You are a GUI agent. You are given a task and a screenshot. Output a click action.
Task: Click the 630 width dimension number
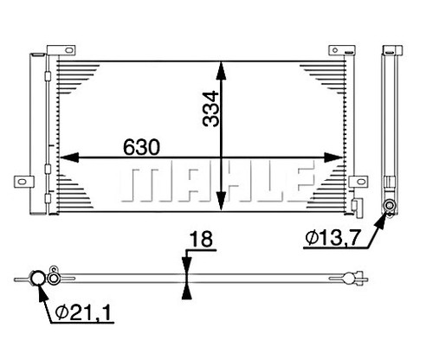[141, 147]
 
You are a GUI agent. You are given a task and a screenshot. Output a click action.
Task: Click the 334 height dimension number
[211, 109]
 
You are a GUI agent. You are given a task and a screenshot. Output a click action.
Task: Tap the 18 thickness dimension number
[201, 239]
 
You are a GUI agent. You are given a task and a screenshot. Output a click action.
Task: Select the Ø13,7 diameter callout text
[333, 238]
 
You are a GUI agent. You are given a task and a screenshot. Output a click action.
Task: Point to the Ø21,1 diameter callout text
[83, 313]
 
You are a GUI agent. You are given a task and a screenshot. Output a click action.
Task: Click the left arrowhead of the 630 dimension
[69, 157]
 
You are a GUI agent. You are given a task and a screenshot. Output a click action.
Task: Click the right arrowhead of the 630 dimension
[333, 157]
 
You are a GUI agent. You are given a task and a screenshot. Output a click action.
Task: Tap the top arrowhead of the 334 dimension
[221, 71]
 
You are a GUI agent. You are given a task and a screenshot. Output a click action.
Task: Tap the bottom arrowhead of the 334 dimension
[221, 202]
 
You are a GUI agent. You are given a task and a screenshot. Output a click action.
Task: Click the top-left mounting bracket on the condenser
[61, 50]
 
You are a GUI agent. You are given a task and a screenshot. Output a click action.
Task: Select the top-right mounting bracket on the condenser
[342, 50]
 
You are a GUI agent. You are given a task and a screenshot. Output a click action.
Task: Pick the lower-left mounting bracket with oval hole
[24, 182]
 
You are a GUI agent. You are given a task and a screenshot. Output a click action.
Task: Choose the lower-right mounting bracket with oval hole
[359, 182]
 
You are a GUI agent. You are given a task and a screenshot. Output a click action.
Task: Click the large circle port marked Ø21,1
[38, 278]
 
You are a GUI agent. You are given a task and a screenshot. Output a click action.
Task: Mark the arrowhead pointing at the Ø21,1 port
[42, 292]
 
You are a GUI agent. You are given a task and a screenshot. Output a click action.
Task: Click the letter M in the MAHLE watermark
[147, 185]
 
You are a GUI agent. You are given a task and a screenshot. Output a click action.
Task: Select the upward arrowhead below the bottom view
[187, 290]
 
